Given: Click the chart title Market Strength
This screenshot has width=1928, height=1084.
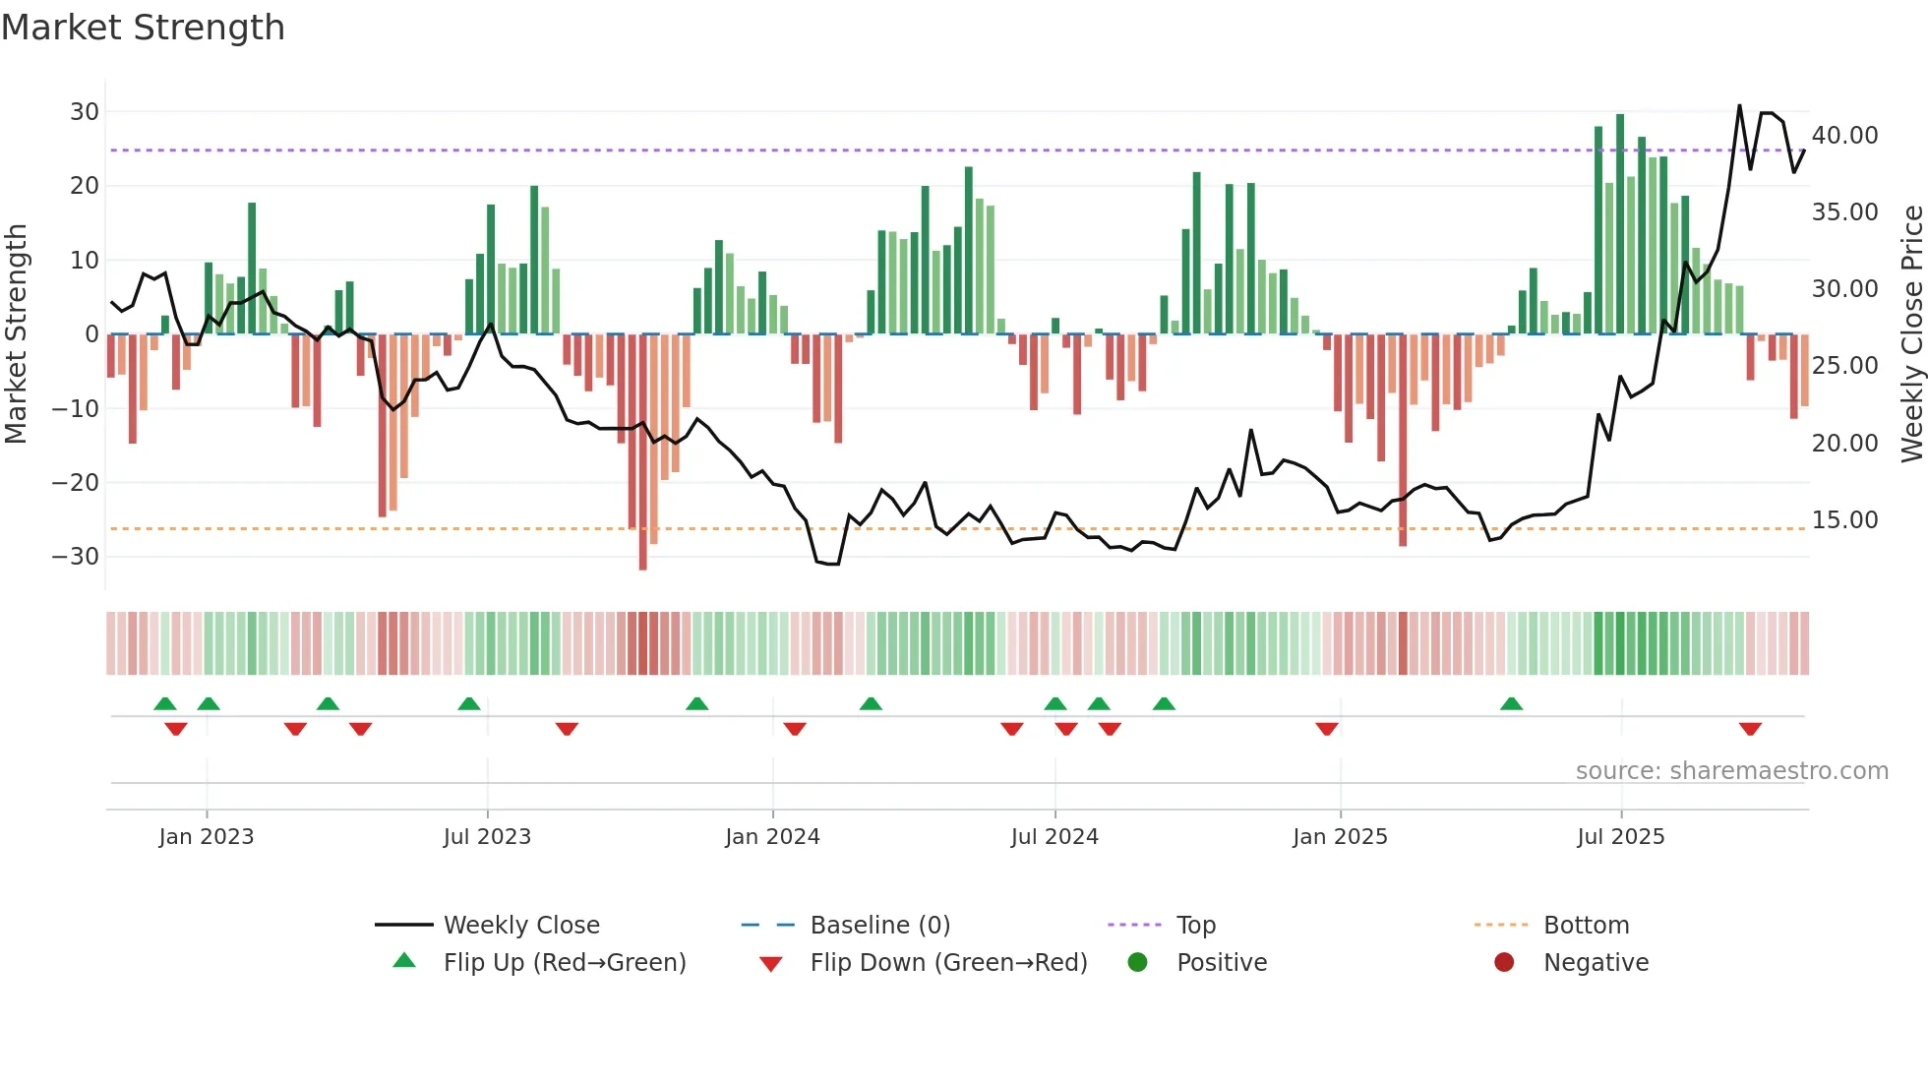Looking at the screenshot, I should pyautogui.click(x=143, y=28).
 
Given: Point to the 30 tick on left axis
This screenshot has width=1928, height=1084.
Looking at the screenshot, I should pyautogui.click(x=85, y=112).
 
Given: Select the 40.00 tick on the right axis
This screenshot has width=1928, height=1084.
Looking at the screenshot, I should pyautogui.click(x=1844, y=136).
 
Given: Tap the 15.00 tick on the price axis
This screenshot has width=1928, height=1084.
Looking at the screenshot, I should pyautogui.click(x=1844, y=520).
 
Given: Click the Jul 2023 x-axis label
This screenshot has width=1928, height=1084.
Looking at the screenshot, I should pyautogui.click(x=487, y=837).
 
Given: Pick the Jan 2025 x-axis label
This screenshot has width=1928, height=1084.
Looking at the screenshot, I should pyautogui.click(x=1340, y=837).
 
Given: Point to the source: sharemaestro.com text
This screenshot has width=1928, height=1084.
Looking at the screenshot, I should pyautogui.click(x=1731, y=771).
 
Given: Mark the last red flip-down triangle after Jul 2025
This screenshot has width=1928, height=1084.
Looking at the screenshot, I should pyautogui.click(x=1750, y=729).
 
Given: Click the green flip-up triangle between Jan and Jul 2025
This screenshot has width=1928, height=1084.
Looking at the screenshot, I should pyautogui.click(x=1512, y=703).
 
